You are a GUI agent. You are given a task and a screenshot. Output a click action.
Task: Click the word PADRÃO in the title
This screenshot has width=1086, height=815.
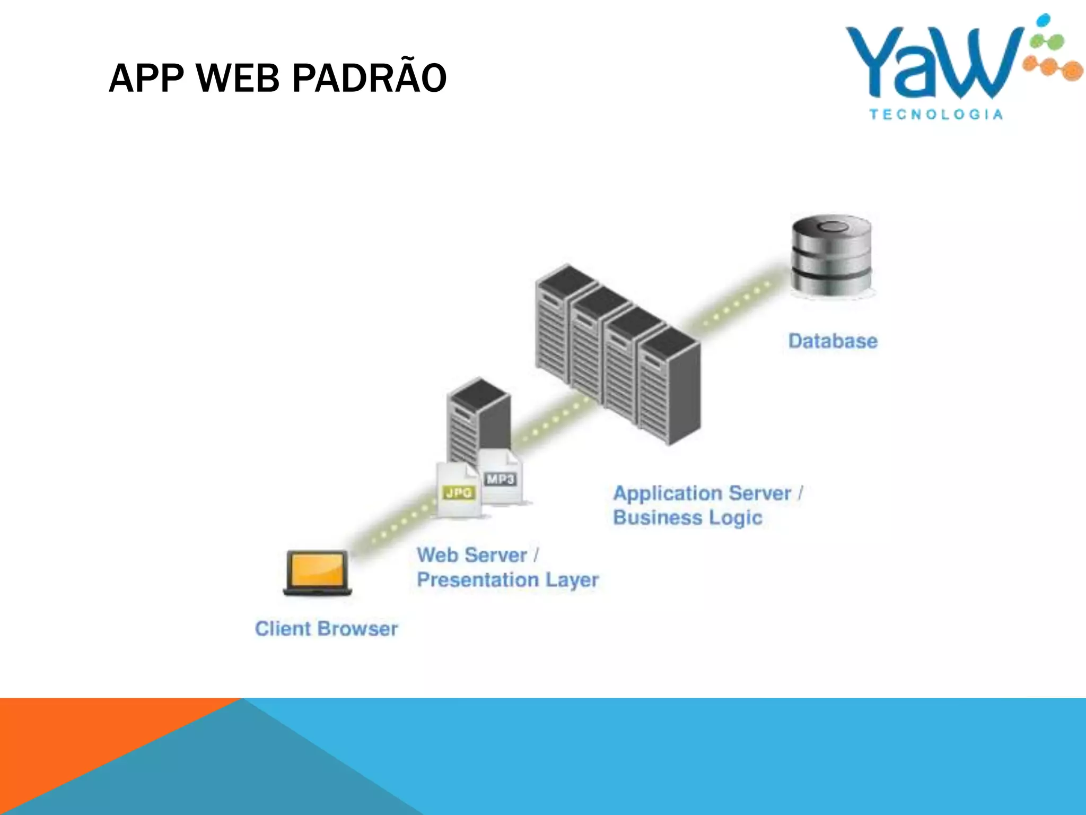pyautogui.click(x=369, y=78)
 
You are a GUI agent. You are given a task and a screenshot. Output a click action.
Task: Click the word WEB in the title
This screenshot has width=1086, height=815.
pyautogui.click(x=238, y=78)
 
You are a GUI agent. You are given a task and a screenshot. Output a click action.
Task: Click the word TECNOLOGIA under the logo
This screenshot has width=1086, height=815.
pyautogui.click(x=936, y=115)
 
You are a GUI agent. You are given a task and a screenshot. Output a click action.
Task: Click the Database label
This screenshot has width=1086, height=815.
pyautogui.click(x=833, y=341)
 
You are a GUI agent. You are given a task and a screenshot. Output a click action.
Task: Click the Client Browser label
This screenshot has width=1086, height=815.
pyautogui.click(x=326, y=629)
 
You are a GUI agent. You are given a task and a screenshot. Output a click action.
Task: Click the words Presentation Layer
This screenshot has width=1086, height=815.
pyautogui.click(x=507, y=579)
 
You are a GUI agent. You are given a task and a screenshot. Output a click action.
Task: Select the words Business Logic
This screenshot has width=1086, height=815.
pyautogui.click(x=687, y=517)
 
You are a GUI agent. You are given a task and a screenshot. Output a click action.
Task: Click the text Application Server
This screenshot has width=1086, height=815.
pyautogui.click(x=702, y=493)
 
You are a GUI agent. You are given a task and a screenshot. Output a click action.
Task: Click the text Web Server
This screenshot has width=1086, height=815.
pyautogui.click(x=472, y=555)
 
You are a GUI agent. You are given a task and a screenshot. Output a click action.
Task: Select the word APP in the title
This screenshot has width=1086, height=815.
pyautogui.click(x=146, y=78)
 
